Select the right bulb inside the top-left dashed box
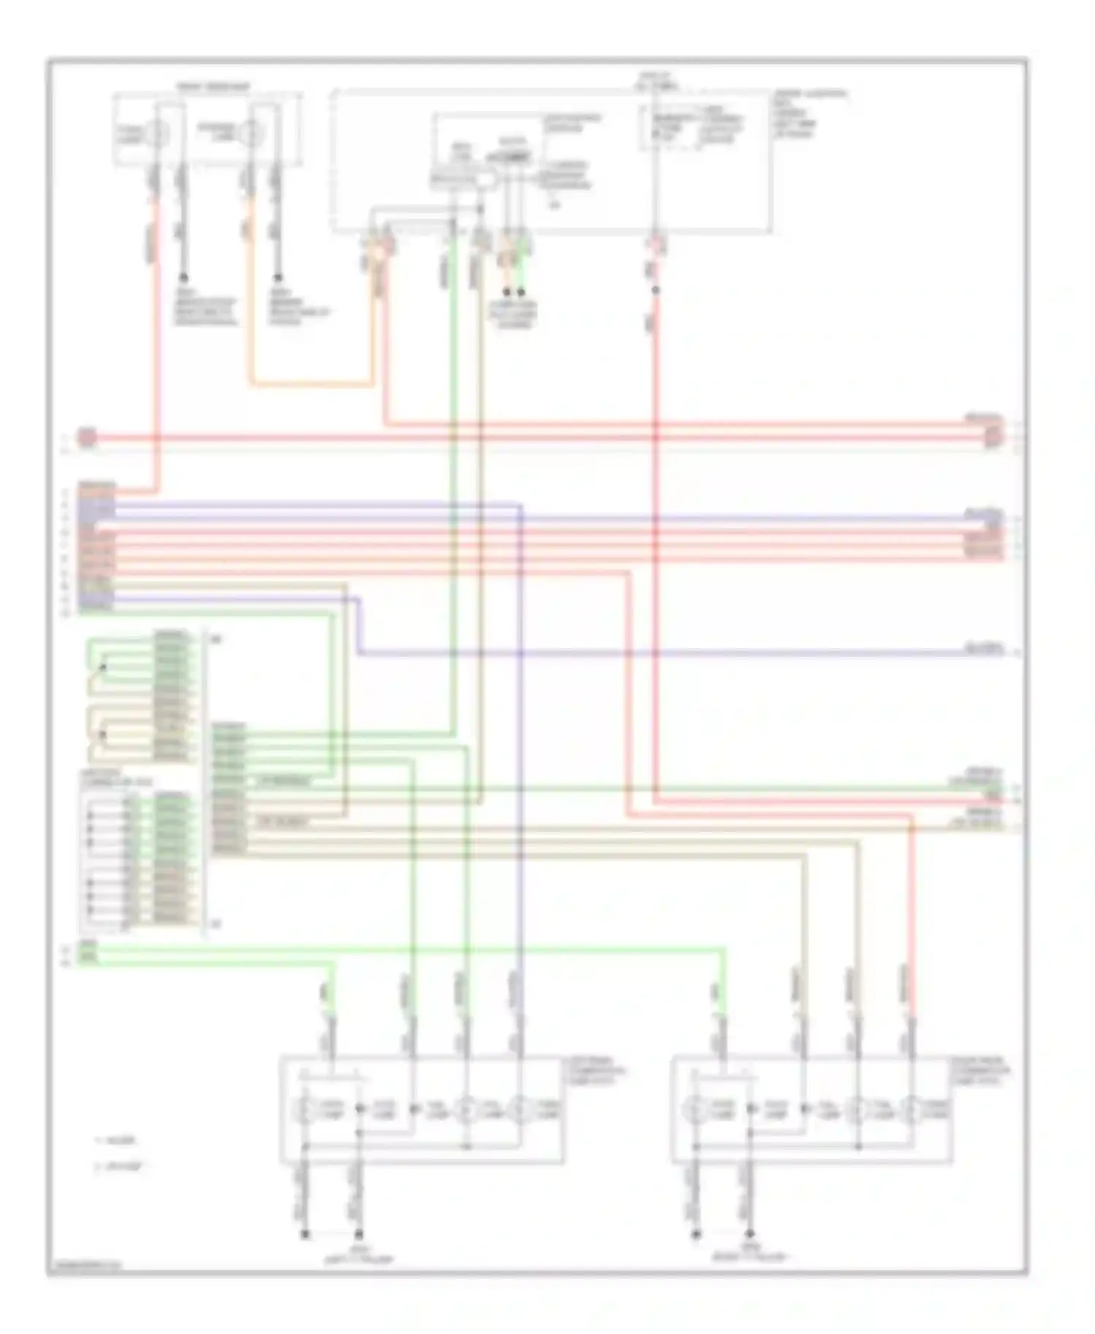[x=251, y=133]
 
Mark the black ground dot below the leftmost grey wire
[x=183, y=277]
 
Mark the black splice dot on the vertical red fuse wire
[x=655, y=290]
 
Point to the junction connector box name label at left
[x=106, y=778]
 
